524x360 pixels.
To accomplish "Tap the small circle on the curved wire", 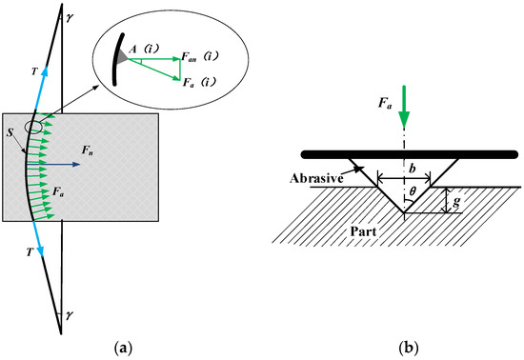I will coord(33,127).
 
